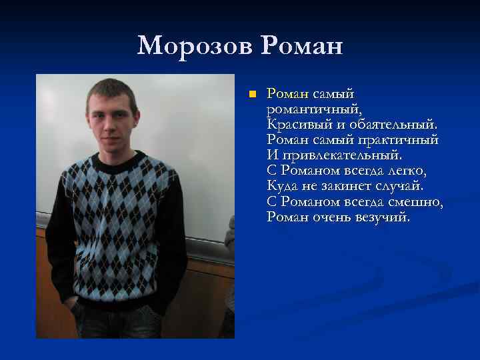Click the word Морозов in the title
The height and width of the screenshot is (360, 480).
[x=196, y=46]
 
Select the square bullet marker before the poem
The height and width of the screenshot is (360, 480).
[x=251, y=94]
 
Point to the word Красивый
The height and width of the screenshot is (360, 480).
[x=296, y=124]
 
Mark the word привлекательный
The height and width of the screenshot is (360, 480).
[x=341, y=156]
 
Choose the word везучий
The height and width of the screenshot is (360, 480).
[x=386, y=217]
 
